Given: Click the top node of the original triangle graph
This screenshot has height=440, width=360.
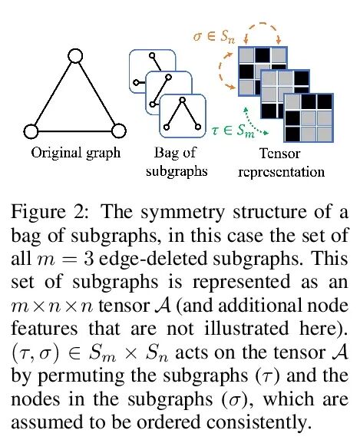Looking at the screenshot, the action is coord(75,56).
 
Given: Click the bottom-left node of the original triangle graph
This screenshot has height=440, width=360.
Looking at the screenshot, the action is coord(31,131).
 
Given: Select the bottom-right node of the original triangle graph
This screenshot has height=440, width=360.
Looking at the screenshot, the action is coord(119,131).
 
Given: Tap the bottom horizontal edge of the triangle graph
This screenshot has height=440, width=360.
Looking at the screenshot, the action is coord(75,131).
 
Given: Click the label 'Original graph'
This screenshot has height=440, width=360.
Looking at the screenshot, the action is coord(76,154).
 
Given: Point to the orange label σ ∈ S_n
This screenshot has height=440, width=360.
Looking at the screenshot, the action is coord(214,37).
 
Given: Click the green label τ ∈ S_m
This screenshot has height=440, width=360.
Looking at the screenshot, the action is coord(233,131).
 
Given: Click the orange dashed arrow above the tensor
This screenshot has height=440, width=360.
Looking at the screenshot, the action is coord(262,24).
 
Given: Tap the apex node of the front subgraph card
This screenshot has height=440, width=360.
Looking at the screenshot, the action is coord(183,99).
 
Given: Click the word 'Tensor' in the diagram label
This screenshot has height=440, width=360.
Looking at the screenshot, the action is coord(279,154).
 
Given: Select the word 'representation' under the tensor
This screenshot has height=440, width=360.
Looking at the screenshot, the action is coord(281,172).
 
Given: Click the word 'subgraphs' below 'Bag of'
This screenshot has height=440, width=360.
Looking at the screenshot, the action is coord(177,171).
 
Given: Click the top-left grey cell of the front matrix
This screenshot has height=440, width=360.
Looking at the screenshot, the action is coord(292,102).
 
